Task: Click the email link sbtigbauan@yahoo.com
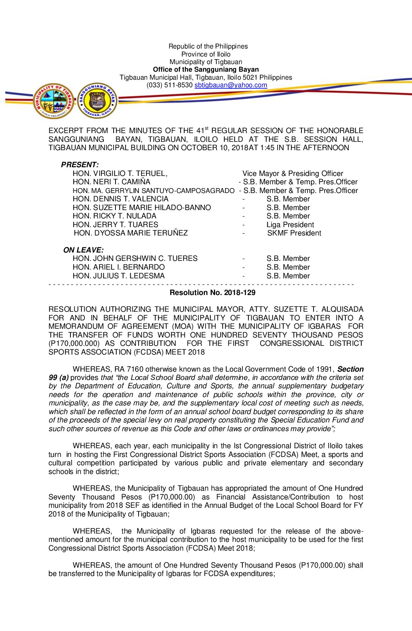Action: coord(231,85)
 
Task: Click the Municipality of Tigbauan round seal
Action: coord(53,101)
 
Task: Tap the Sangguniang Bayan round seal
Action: coord(97,101)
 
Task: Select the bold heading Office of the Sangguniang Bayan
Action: coord(206,69)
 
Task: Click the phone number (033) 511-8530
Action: coord(170,85)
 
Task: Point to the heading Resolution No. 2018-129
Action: coord(212,293)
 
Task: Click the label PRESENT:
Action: coord(80,165)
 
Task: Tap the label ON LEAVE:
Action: coord(83,250)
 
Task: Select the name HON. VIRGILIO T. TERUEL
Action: coord(120,173)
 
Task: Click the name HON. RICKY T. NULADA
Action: coord(114,216)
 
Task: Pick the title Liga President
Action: coord(290,224)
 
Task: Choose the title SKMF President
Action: coord(294,233)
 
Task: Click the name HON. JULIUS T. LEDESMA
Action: coord(119,276)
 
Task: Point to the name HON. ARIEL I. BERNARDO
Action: coord(119,267)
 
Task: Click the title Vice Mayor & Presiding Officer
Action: coord(293,173)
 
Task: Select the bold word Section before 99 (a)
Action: coord(350,369)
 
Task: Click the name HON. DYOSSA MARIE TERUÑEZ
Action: coord(131,233)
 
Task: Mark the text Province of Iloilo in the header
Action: coord(206,54)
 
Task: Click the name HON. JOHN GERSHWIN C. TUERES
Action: coord(135,258)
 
